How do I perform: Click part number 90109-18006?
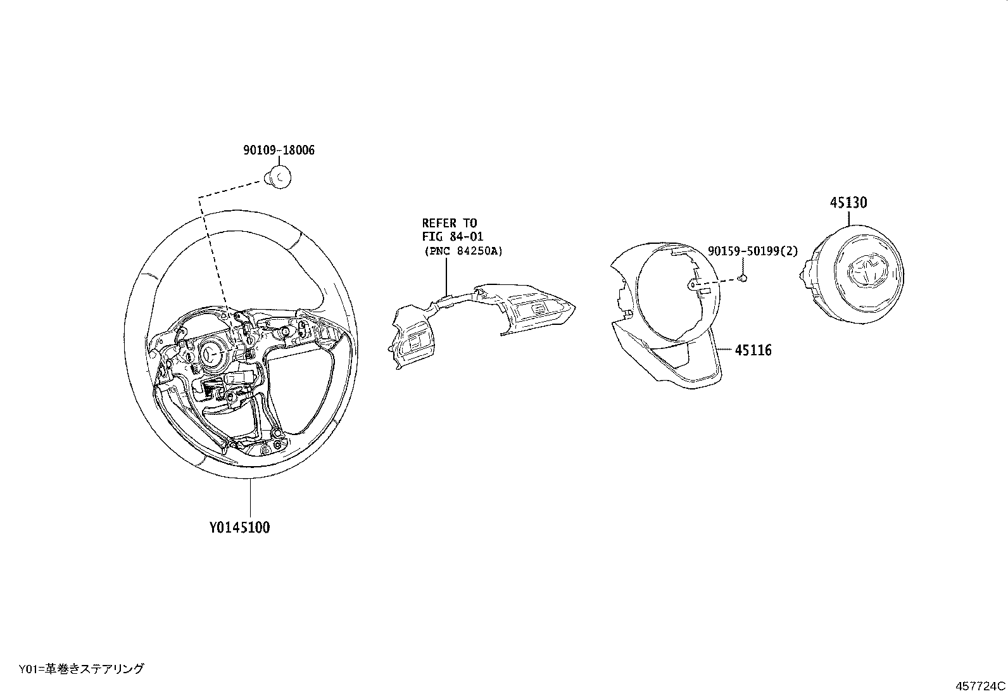279,151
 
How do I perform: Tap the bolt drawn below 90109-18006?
279,175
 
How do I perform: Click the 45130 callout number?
848,203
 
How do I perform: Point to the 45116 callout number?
753,350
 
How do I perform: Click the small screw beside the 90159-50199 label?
745,278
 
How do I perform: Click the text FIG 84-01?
453,237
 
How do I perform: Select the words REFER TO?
450,223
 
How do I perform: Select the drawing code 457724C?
980,686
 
